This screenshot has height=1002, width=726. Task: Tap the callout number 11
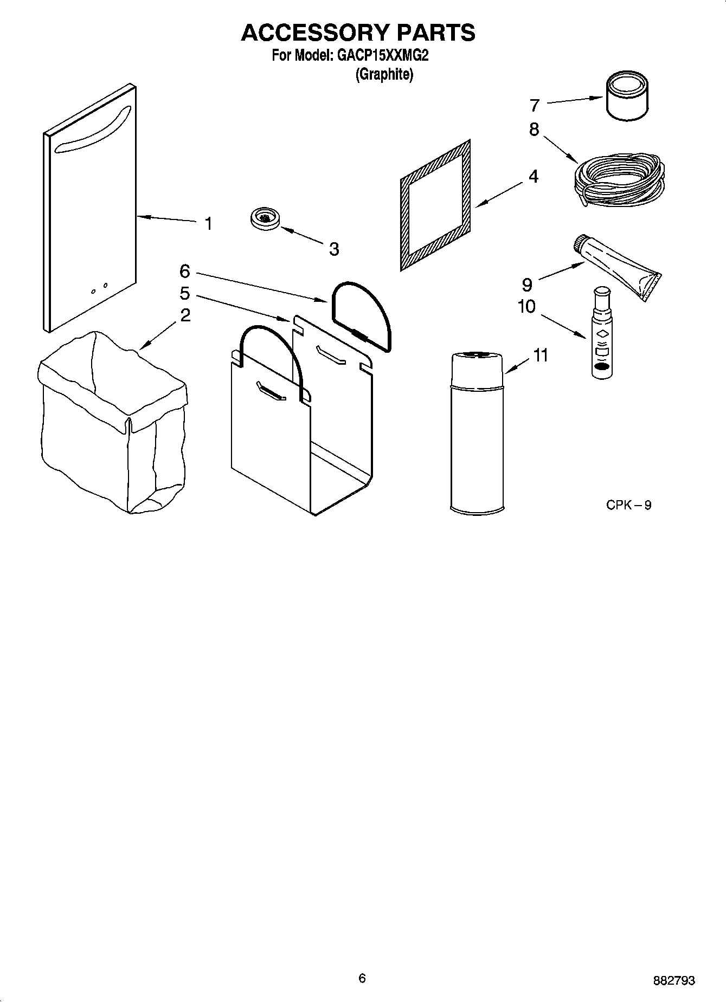[x=540, y=355]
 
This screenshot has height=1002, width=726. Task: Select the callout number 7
[x=535, y=105]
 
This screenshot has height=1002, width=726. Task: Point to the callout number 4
[x=534, y=176]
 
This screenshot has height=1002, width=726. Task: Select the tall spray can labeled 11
[x=477, y=434]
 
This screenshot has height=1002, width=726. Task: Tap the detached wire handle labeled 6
[x=361, y=315]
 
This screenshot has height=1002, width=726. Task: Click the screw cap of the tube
[x=580, y=243]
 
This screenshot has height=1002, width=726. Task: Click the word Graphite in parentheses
[x=384, y=74]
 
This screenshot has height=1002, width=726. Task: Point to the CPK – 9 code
[x=628, y=505]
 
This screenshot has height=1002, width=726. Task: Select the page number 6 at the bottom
[x=362, y=978]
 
